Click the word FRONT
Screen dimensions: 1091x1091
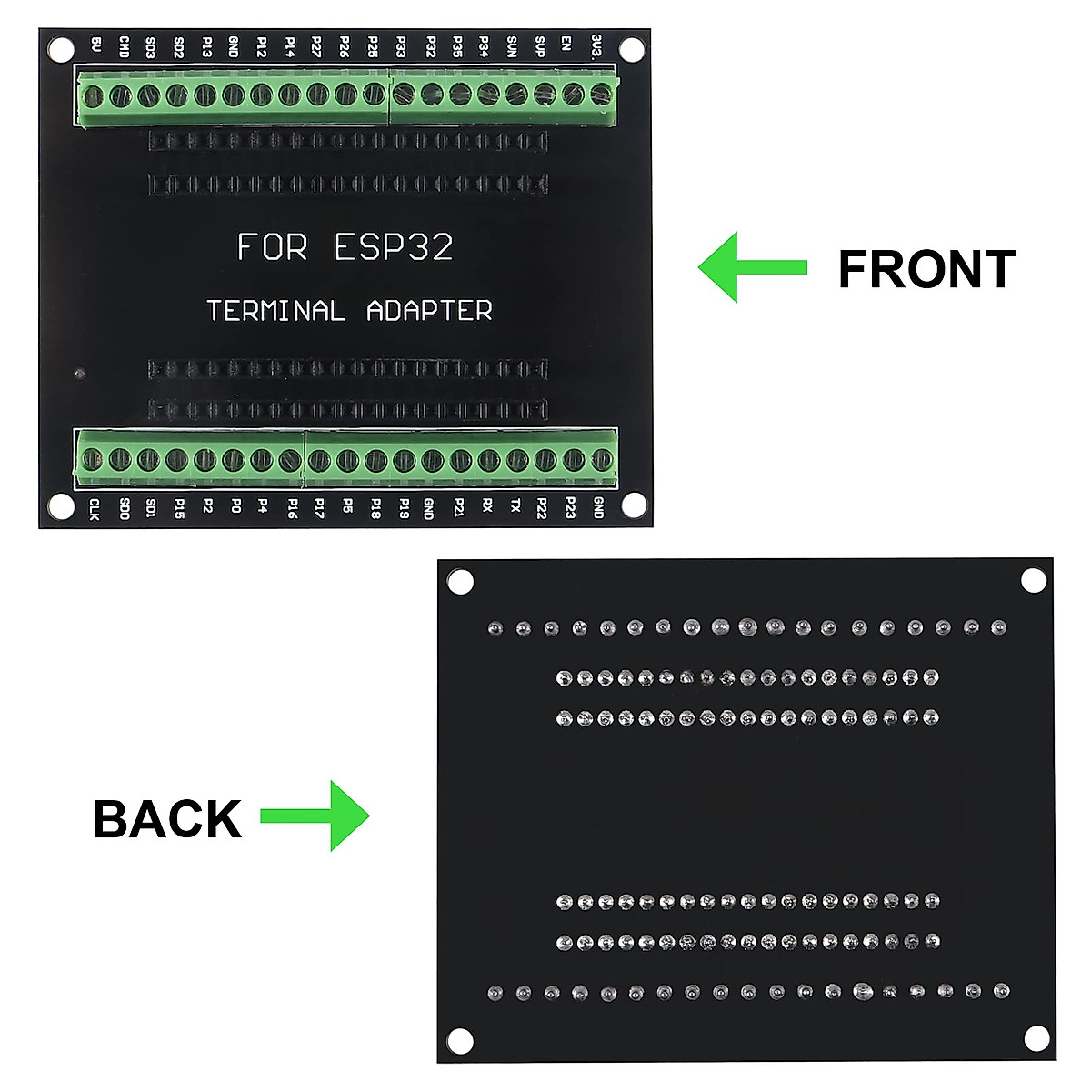[926, 269]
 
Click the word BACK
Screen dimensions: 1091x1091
[167, 818]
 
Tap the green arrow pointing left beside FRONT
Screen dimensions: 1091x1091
[752, 267]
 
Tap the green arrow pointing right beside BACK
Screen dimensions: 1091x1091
[315, 816]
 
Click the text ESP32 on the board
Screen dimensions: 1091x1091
[394, 247]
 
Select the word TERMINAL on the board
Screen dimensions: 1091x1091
[275, 311]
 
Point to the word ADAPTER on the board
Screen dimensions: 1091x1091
[429, 311]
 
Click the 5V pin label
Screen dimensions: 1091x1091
[96, 45]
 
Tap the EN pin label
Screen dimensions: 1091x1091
[566, 45]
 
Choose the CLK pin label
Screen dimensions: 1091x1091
[94, 509]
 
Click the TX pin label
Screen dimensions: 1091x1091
[515, 505]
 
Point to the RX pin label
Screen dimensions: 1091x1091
[487, 505]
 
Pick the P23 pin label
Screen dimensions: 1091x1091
[570, 507]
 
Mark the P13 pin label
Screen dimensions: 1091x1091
[206, 46]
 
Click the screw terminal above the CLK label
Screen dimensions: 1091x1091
[93, 459]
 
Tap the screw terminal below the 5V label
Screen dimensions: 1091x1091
[93, 95]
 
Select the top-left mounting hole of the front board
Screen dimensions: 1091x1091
[60, 48]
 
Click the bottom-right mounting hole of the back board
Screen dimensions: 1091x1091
[1036, 1037]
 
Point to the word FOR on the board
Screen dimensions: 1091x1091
[272, 247]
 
